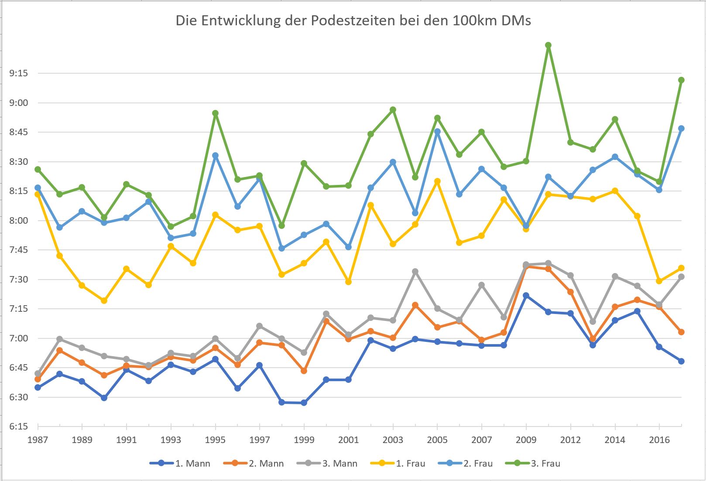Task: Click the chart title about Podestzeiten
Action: tap(353, 21)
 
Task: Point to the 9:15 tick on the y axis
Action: tap(18, 73)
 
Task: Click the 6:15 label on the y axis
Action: tap(18, 426)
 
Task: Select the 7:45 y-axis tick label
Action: tap(18, 250)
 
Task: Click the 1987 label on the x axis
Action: tap(38, 440)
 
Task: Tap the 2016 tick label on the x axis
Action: tap(659, 440)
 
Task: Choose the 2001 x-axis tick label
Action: tap(348, 440)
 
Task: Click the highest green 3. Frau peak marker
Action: tap(548, 45)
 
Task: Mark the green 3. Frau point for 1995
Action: tap(215, 113)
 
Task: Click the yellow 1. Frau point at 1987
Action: tap(38, 194)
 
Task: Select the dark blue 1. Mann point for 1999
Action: tap(304, 403)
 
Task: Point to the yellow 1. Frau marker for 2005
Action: tap(437, 181)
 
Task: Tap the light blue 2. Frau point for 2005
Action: tap(437, 131)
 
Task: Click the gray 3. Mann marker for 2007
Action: tap(482, 285)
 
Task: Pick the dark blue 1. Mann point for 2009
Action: tap(526, 296)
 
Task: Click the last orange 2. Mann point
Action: tap(681, 332)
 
